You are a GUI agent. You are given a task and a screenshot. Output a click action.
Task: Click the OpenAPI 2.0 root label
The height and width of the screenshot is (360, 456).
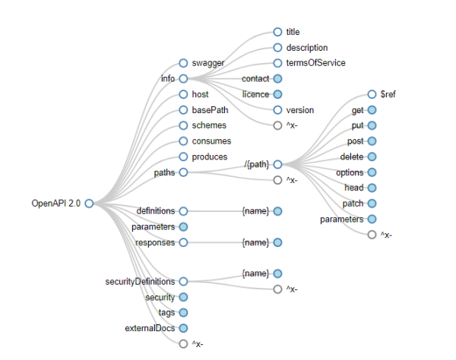(x=55, y=203)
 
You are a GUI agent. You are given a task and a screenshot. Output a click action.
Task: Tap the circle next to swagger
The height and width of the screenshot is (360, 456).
(x=183, y=63)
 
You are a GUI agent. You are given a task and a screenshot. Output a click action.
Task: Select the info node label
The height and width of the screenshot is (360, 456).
(x=168, y=78)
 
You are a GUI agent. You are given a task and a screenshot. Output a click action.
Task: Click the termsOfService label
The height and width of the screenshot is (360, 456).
(x=315, y=63)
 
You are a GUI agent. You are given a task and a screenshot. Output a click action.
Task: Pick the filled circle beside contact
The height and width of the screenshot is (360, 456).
(x=277, y=78)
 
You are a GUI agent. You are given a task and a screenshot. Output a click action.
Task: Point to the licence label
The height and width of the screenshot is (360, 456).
(x=255, y=94)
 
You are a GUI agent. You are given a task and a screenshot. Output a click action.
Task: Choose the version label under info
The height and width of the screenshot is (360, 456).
(x=300, y=110)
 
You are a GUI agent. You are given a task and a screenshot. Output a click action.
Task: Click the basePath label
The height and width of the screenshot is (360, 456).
(x=210, y=110)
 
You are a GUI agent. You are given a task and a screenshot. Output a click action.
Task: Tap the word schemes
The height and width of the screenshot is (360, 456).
(x=209, y=125)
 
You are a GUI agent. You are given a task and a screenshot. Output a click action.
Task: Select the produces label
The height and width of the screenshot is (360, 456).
(x=210, y=156)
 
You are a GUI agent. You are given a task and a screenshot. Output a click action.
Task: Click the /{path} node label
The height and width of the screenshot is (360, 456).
(x=257, y=164)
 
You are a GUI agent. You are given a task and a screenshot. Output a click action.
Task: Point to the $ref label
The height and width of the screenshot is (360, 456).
(x=388, y=95)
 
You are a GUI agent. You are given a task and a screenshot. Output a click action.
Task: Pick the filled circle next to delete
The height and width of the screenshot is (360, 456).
(x=372, y=156)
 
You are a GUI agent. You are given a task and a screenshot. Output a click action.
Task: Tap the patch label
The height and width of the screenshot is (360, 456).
(x=353, y=204)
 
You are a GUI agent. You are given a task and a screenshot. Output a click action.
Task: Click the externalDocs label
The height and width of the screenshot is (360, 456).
(x=150, y=328)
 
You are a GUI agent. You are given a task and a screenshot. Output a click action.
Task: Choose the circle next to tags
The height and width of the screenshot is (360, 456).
(x=183, y=312)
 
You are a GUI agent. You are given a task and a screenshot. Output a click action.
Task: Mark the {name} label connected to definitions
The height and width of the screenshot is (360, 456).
(x=255, y=210)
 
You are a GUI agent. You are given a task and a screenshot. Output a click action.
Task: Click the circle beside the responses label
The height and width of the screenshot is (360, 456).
(x=183, y=242)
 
